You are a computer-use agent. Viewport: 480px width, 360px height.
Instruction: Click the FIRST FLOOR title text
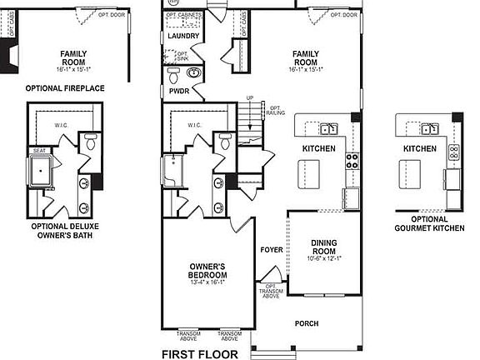coord(199,353)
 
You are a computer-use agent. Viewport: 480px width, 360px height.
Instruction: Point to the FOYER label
coord(272,249)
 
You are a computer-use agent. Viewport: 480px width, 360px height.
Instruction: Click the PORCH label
coord(307,323)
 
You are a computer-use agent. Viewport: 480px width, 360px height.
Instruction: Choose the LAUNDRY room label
coord(183,37)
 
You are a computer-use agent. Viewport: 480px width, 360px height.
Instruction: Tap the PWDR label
coord(178,90)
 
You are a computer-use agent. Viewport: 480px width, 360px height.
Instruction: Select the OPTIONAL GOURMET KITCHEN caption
coord(420,223)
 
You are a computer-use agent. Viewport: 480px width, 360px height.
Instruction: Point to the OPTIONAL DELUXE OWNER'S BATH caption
coord(65,231)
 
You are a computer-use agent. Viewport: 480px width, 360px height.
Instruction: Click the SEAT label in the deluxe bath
coord(39,151)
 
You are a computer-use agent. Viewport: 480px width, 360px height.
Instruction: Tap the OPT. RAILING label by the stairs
coord(275,110)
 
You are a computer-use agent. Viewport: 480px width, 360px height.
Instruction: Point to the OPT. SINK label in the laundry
coord(182,57)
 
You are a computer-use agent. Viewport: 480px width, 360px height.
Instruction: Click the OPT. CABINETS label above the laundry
coord(182,14)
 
